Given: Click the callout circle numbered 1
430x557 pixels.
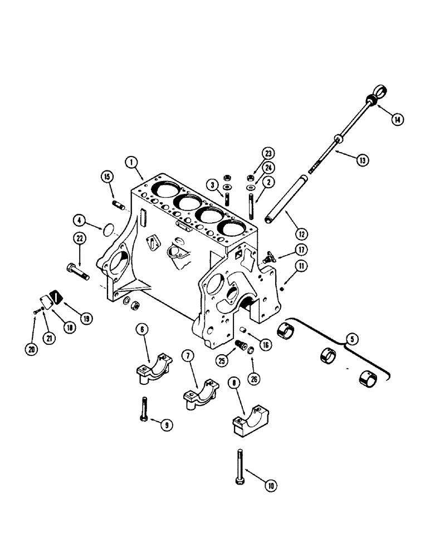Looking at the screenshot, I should tap(131, 162).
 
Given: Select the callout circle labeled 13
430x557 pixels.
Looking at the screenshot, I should tap(363, 160).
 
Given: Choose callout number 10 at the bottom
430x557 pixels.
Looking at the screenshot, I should tap(271, 486).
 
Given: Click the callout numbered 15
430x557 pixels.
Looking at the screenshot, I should tap(107, 177).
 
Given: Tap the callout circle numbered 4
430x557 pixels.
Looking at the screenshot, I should tap(80, 221).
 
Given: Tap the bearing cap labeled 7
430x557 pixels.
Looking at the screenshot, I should tap(198, 393).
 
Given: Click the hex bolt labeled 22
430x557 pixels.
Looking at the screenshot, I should tap(77, 273).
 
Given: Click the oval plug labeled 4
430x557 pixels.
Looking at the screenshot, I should tap(109, 229).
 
